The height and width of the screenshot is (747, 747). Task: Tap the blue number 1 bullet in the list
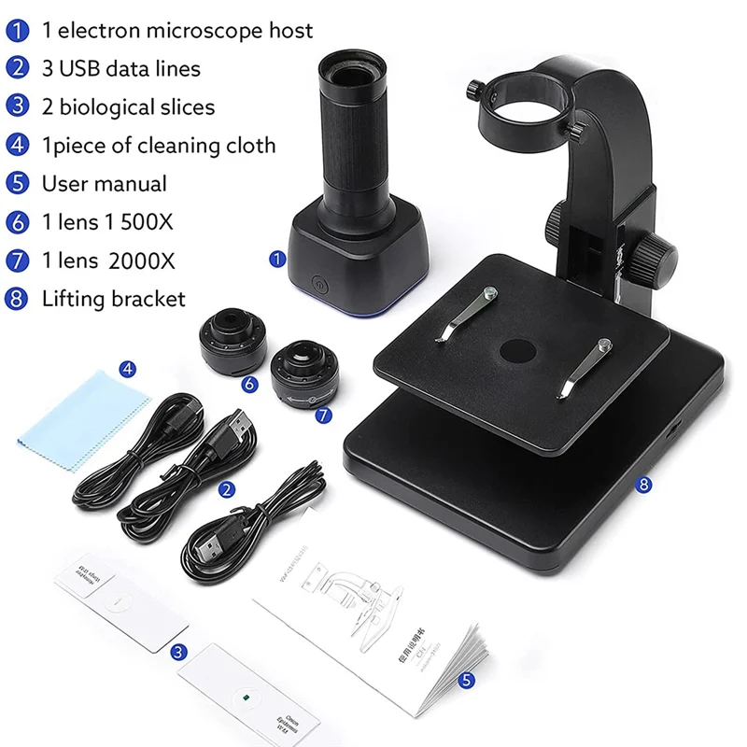pyautogui.click(x=18, y=31)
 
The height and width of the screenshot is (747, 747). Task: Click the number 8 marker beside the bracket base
pyautogui.click(x=643, y=484)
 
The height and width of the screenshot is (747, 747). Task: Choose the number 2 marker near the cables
pyautogui.click(x=226, y=488)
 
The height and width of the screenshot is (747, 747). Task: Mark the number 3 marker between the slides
pyautogui.click(x=178, y=652)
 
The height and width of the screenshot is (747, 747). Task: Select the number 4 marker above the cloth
pyautogui.click(x=128, y=369)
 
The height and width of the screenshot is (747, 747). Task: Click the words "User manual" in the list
pyautogui.click(x=105, y=183)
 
